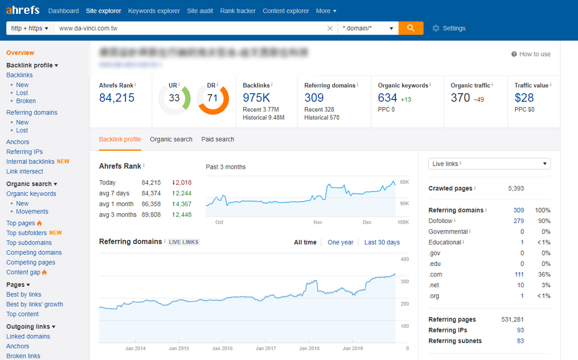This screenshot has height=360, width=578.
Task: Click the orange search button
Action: point(411,28)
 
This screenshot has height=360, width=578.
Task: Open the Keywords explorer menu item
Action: point(154,11)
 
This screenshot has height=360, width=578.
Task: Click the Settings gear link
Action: point(449,28)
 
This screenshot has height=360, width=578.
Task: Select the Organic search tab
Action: point(171,139)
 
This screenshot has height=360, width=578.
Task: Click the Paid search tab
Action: point(218,139)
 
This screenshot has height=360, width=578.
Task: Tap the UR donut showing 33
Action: point(175,98)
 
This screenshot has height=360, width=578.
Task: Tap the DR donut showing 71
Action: point(213,98)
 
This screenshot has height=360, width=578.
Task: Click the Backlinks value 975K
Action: point(256,98)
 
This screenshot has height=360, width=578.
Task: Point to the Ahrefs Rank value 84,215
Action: point(117,98)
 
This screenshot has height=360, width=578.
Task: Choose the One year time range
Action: point(340,242)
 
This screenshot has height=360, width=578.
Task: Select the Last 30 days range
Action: point(382,242)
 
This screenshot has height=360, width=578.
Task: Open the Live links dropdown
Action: point(489,164)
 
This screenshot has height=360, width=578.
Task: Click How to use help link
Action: point(531,54)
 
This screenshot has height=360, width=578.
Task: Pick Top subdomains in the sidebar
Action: point(29,243)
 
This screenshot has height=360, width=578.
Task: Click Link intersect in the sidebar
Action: point(25,172)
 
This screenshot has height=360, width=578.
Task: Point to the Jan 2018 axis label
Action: point(310,348)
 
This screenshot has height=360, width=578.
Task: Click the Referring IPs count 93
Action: point(520,331)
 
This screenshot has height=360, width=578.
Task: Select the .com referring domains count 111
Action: point(519,274)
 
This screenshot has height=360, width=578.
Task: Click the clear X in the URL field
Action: point(330,28)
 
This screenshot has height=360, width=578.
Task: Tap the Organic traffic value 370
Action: point(461,98)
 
